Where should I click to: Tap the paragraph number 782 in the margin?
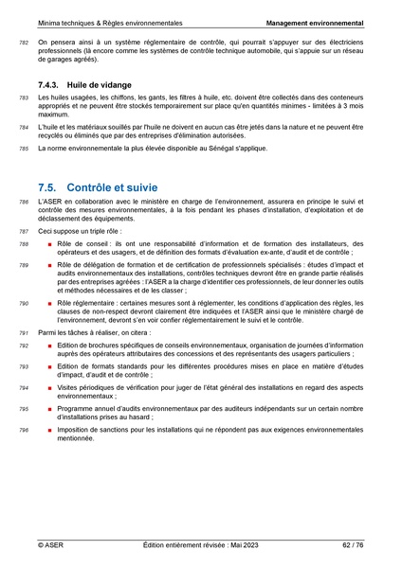pos(24,44)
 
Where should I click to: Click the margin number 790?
pos(24,301)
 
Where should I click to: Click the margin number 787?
pos(24,231)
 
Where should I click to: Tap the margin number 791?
pos(24,333)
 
